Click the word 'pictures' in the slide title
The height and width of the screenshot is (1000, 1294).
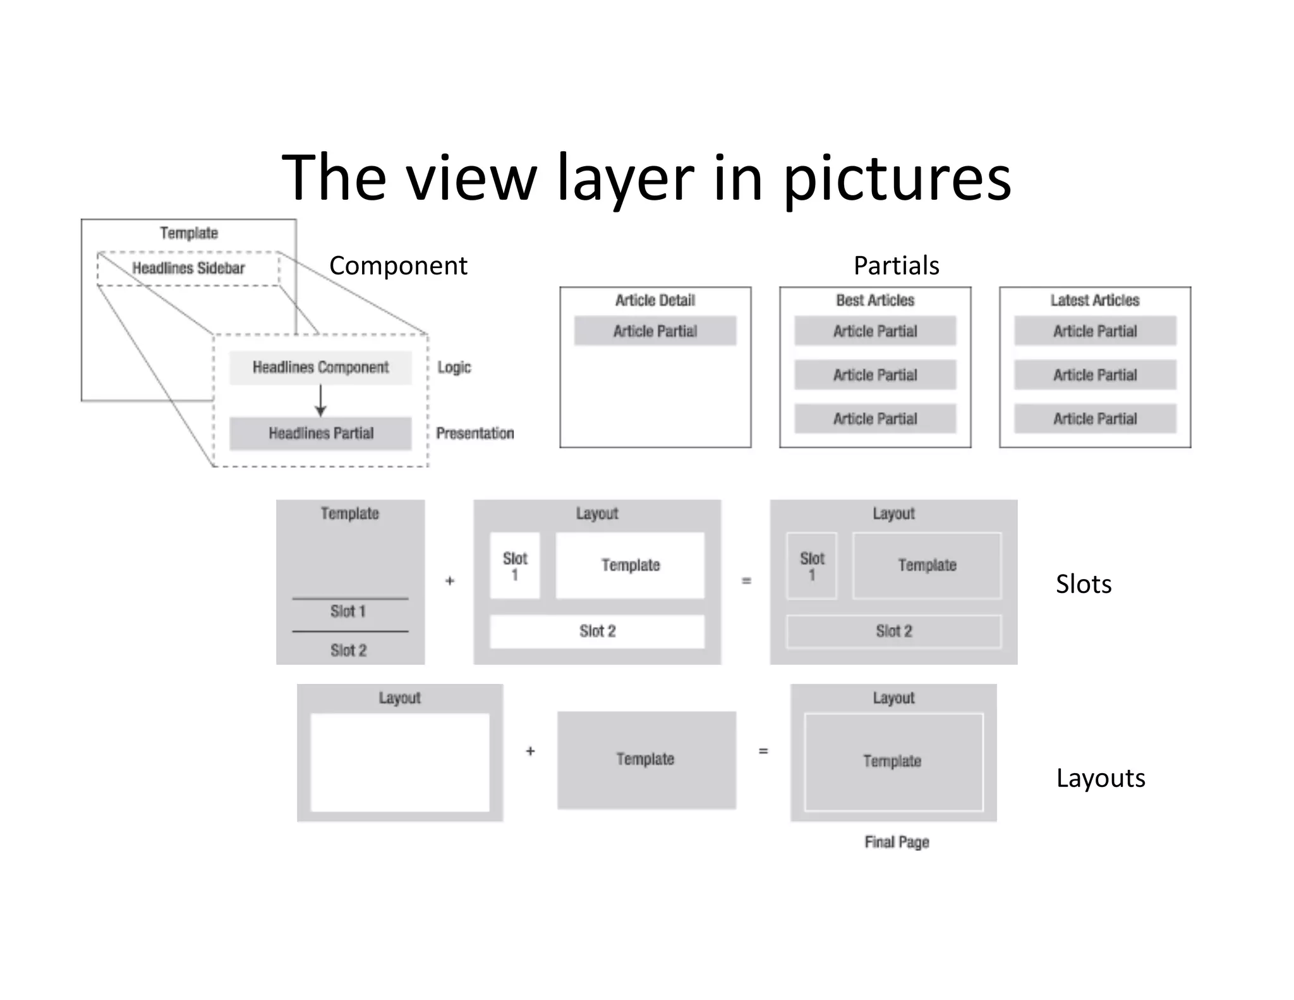[897, 180]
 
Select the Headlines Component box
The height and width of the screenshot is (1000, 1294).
[320, 367]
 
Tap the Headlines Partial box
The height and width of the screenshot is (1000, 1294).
[320, 433]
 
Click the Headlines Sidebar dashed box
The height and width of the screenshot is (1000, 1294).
[188, 268]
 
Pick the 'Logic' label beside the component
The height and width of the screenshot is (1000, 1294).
[454, 367]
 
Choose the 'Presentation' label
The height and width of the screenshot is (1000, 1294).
[475, 433]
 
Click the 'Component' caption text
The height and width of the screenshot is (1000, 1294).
[398, 265]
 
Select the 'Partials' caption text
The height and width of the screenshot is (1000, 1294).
[896, 265]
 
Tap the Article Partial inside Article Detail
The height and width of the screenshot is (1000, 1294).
[655, 331]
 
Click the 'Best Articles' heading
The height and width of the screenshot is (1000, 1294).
[875, 300]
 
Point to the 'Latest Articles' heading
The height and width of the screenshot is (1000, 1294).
[1095, 300]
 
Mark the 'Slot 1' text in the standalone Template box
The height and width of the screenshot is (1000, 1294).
[348, 611]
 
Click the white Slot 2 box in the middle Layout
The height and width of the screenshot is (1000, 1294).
[597, 631]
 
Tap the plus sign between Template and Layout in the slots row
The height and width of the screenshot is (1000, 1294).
[450, 580]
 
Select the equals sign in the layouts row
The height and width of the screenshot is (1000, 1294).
[763, 751]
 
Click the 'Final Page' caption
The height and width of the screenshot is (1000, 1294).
[897, 842]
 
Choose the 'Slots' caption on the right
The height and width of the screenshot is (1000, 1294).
[1084, 584]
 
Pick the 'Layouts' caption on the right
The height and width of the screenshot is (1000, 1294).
[1101, 778]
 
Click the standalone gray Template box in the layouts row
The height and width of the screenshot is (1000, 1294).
[646, 759]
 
